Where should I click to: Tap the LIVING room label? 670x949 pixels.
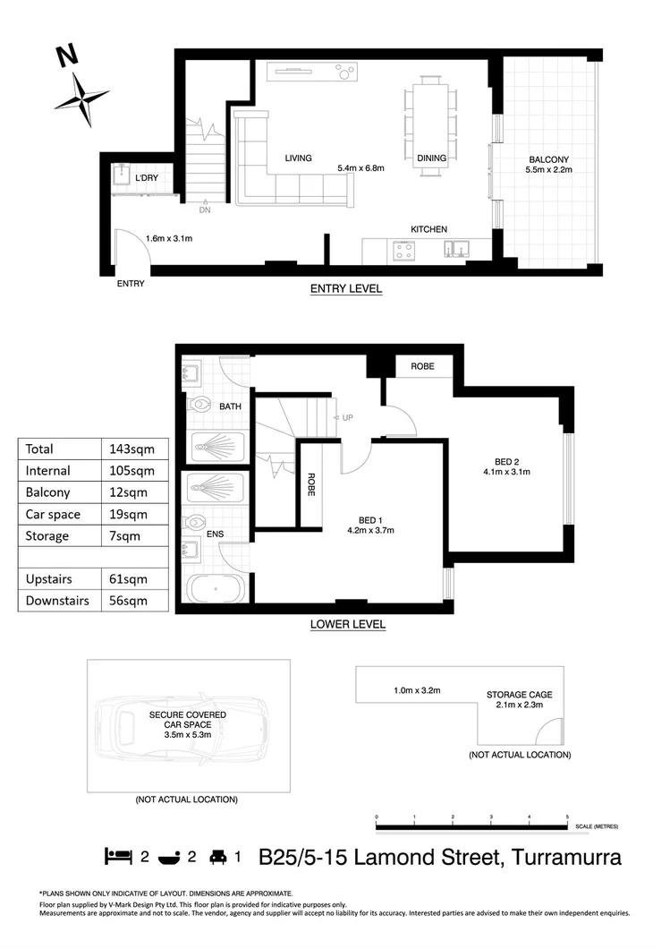(x=298, y=158)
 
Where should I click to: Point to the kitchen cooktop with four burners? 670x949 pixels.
(x=403, y=252)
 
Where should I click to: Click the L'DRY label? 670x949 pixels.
(x=148, y=179)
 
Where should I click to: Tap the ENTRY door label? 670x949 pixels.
(x=131, y=284)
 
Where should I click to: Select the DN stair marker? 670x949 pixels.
(x=205, y=210)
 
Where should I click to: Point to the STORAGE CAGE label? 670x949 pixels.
(x=519, y=694)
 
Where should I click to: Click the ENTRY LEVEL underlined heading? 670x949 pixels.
(x=345, y=288)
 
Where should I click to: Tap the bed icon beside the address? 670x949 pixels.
(x=119, y=857)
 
